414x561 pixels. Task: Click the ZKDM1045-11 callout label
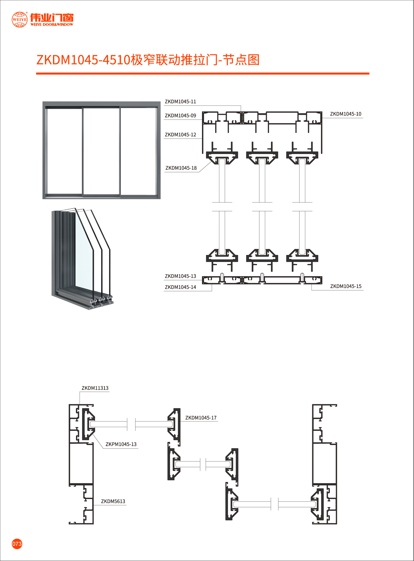click(180, 101)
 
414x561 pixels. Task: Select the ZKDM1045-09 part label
click(180, 115)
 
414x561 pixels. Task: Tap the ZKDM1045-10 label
click(345, 114)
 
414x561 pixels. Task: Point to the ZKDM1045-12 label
click(180, 134)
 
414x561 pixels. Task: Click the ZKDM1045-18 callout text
click(181, 168)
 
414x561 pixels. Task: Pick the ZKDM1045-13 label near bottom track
click(180, 276)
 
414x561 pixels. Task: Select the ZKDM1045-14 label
click(180, 287)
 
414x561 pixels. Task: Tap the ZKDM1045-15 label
click(345, 286)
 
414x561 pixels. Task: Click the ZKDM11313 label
click(95, 388)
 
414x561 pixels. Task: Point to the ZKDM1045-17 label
click(201, 418)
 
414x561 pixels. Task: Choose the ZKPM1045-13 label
click(121, 444)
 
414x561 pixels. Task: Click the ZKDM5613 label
click(113, 501)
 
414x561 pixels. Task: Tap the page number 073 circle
click(17, 544)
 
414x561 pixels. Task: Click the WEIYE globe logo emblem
click(19, 19)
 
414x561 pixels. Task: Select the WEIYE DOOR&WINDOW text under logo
click(51, 24)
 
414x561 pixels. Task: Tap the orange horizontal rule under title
click(202, 73)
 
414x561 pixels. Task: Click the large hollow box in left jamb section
click(81, 463)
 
